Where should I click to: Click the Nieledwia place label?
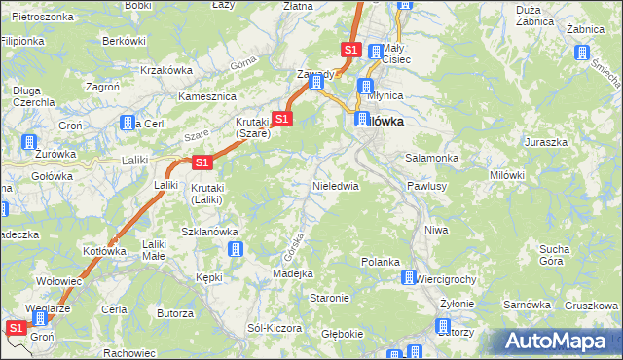click(335, 185)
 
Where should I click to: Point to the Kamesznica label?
click(207, 97)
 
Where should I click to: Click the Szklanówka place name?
click(210, 232)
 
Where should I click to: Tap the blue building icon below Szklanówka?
click(236, 250)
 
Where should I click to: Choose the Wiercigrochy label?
click(446, 279)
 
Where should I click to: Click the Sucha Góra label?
click(552, 255)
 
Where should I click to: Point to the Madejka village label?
click(292, 273)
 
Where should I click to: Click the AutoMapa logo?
click(558, 342)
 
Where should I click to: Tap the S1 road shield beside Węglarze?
click(16, 329)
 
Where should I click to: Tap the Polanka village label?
click(381, 262)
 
